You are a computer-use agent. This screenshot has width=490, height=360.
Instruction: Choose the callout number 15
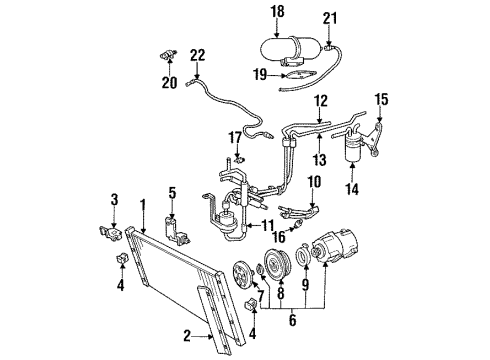[x=381, y=98]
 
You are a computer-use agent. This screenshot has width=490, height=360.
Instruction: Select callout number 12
[x=320, y=100]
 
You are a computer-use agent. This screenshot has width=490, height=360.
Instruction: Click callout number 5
[x=172, y=192]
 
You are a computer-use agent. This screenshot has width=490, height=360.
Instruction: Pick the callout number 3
[x=115, y=201]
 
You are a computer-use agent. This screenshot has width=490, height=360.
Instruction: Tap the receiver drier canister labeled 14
[x=352, y=150]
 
